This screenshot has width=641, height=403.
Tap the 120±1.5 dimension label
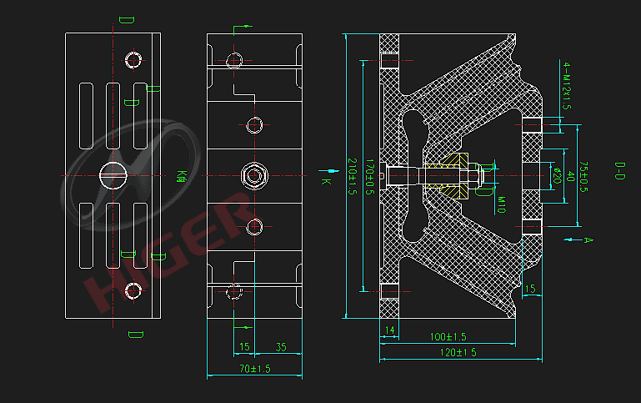click(458, 353)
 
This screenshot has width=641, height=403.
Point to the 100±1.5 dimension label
click(448, 336)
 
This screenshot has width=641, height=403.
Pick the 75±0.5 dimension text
click(584, 178)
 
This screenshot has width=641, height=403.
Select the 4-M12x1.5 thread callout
click(566, 86)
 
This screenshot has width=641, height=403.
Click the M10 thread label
click(503, 204)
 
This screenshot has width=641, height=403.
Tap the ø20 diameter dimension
click(555, 176)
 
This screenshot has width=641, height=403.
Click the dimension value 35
click(280, 347)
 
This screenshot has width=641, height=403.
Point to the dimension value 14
click(389, 330)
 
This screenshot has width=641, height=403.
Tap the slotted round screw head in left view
click(113, 175)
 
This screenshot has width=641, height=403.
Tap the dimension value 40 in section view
click(570, 176)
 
